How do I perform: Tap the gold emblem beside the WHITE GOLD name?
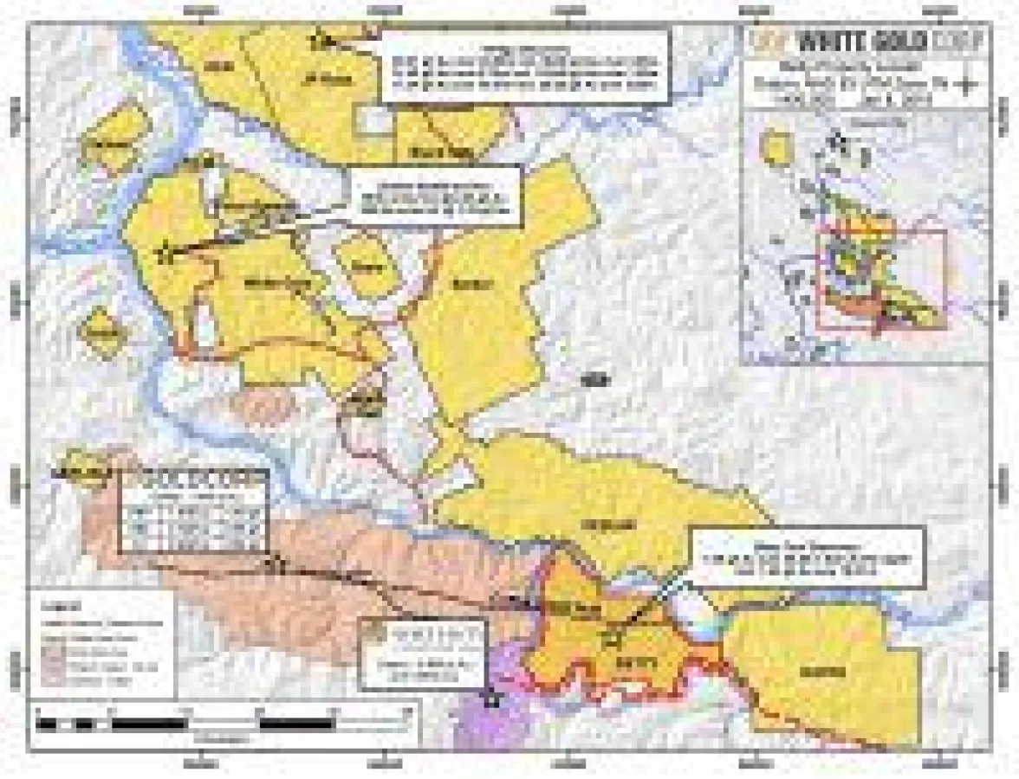click(x=763, y=40)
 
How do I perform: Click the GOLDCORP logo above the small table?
click(x=191, y=479)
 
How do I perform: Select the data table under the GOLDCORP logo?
click(x=191, y=525)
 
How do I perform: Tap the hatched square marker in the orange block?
click(x=613, y=640)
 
